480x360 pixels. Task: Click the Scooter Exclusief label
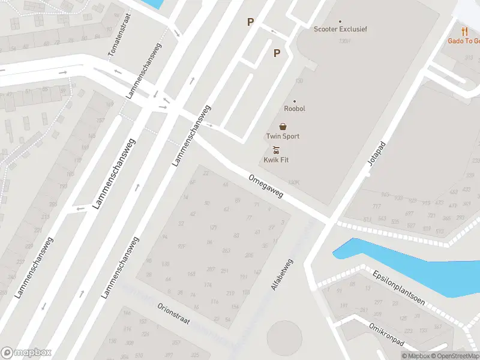click(x=340, y=29)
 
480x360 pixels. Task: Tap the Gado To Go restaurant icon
click(x=464, y=31)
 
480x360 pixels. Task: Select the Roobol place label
click(x=295, y=109)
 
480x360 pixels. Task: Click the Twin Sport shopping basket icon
click(x=283, y=127)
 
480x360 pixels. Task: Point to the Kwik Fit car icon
click(x=276, y=150)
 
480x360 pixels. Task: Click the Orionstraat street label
click(x=173, y=313)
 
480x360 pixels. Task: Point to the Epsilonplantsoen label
click(x=398, y=286)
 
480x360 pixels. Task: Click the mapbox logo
click(x=26, y=352)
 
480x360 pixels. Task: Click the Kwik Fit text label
click(x=276, y=160)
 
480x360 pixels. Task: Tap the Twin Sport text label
click(x=283, y=136)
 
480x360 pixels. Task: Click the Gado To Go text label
click(x=464, y=41)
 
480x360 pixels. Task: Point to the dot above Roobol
click(x=295, y=101)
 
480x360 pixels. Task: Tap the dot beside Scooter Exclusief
click(x=340, y=22)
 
